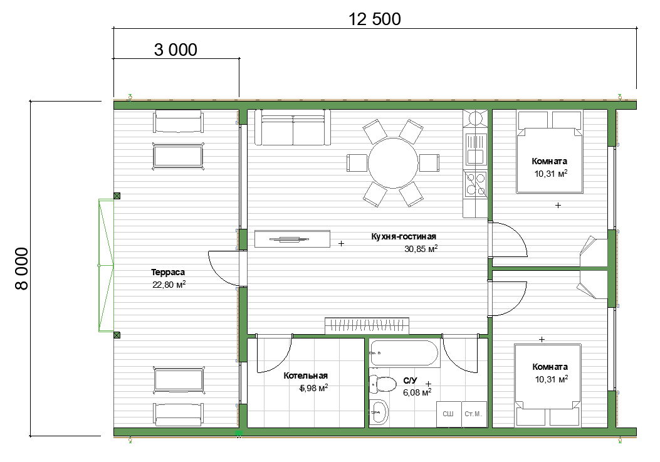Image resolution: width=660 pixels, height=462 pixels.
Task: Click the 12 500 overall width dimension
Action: [x=375, y=19]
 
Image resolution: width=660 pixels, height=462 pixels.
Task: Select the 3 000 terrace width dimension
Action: [x=175, y=50]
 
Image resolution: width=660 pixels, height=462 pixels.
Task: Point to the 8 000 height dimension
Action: [x=21, y=269]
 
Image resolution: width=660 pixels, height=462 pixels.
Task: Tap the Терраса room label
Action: [x=168, y=273]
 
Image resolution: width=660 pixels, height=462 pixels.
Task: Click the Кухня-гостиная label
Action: [x=404, y=237]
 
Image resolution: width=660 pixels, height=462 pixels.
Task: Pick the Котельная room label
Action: [x=306, y=375]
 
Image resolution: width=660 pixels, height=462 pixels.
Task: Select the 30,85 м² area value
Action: [x=421, y=249]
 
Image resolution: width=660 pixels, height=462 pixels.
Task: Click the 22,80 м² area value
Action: [x=169, y=285]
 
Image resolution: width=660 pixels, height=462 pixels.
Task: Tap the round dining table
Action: [x=393, y=163]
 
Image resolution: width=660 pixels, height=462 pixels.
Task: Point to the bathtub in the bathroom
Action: [x=404, y=353]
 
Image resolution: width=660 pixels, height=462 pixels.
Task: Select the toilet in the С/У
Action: [x=382, y=384]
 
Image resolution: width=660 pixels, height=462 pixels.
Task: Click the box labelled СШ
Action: [x=448, y=414]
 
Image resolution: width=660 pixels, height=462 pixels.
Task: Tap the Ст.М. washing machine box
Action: [x=474, y=414]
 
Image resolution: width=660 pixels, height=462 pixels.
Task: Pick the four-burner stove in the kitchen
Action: [x=475, y=184]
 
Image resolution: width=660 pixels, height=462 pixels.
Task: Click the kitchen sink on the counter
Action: [x=475, y=149]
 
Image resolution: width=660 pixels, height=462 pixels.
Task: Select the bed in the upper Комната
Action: [x=550, y=152]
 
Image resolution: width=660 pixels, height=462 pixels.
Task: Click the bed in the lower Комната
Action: [x=548, y=385]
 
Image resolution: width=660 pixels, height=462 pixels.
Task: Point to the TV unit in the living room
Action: [x=292, y=239]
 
